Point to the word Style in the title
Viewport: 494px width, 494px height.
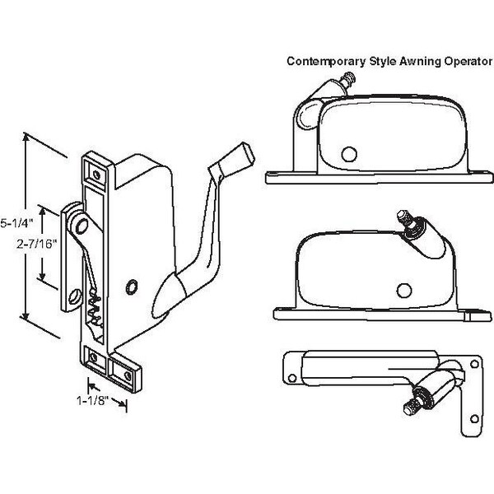tap(369, 60)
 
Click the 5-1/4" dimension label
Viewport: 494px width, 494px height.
tap(16, 223)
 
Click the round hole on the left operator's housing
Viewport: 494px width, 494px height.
tap(132, 286)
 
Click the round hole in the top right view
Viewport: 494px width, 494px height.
tap(349, 153)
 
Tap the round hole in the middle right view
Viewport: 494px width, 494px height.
tap(403, 288)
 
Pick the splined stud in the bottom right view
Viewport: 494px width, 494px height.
tap(412, 406)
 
